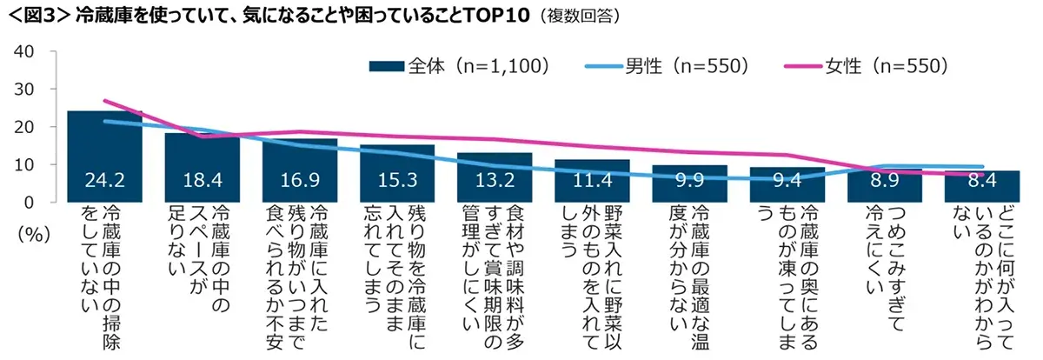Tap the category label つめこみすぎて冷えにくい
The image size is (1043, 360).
click(884, 261)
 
